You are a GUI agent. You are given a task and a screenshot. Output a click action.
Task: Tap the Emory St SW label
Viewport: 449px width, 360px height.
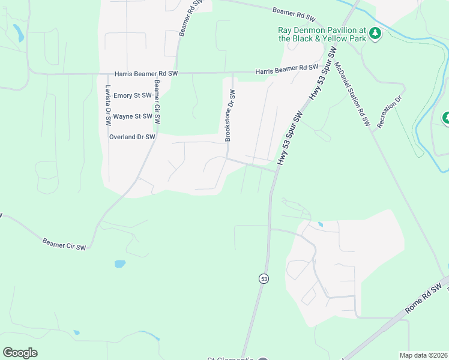point(132,95)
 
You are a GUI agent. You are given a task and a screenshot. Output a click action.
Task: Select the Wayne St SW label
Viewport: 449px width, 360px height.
point(132,116)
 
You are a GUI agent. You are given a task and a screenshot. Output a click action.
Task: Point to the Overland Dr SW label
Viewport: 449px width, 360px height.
point(132,137)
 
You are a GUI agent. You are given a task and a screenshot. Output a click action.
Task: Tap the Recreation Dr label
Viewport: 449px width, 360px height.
point(389,112)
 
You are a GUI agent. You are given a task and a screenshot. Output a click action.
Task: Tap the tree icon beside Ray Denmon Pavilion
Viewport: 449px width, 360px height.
point(375,33)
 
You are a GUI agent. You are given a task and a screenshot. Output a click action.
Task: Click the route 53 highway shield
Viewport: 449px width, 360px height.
point(264,278)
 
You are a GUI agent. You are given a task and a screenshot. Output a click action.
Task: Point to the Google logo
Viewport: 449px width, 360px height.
point(20,352)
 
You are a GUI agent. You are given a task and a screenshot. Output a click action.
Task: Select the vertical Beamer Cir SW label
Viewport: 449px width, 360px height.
point(157,103)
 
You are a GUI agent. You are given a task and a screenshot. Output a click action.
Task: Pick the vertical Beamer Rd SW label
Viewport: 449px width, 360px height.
point(188,19)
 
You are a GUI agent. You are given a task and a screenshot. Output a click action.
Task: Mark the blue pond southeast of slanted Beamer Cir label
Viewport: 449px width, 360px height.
point(119,264)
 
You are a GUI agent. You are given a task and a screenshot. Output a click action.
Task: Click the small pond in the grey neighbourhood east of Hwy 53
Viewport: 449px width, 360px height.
point(320,225)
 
